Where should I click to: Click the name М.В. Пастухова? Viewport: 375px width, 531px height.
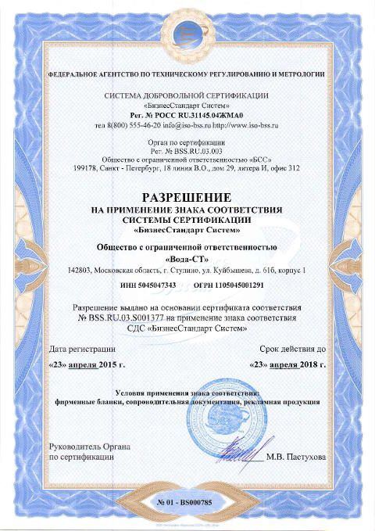click(x=296, y=456)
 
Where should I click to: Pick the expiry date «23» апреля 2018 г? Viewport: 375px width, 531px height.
click(x=287, y=364)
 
